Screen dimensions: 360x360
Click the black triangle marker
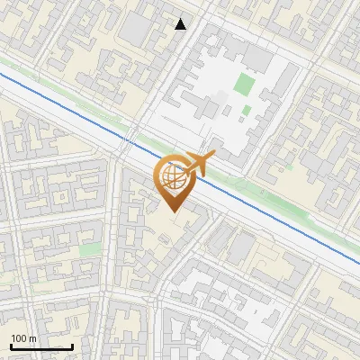(181, 24)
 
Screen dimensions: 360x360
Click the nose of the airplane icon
(213, 157)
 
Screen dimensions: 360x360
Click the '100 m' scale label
(24, 338)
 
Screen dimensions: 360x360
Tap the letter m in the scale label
(32, 338)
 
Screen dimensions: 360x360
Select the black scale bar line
(40, 346)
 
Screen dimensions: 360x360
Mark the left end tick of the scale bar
(10, 345)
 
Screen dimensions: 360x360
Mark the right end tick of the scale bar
(72, 345)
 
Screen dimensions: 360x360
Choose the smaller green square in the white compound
(246, 111)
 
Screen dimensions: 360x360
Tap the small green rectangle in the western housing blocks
(89, 249)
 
